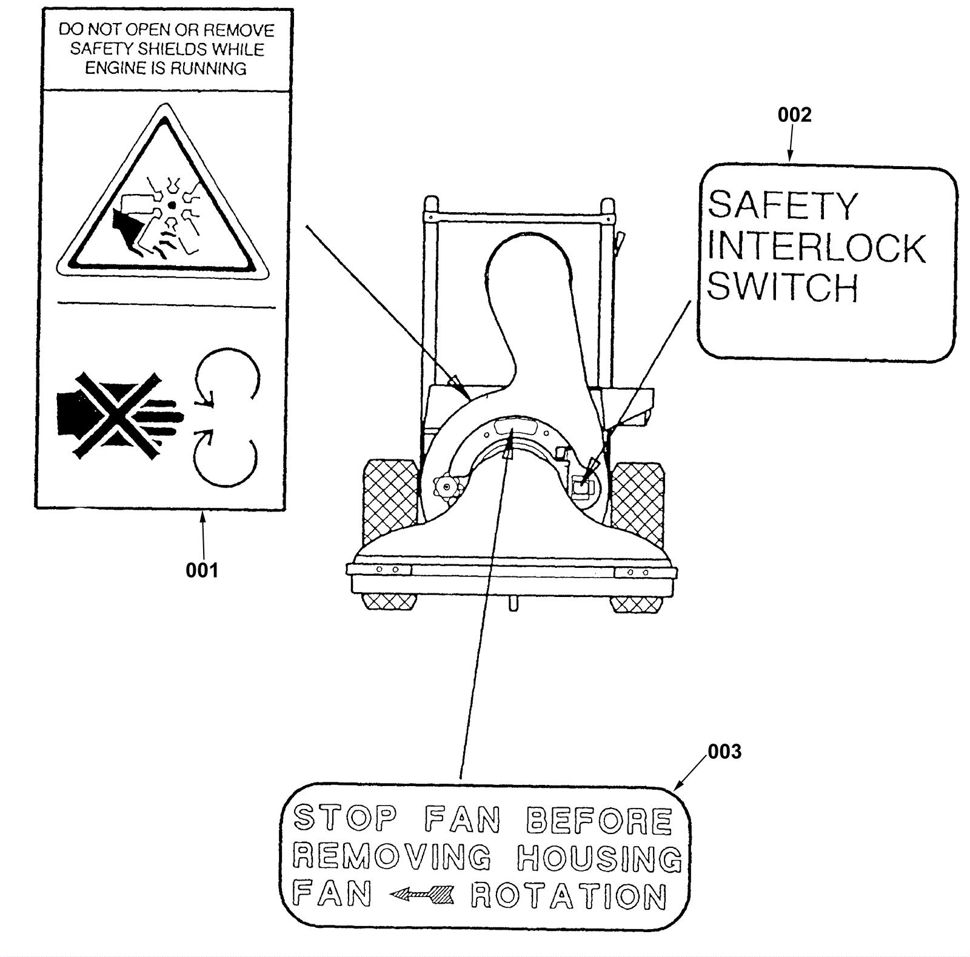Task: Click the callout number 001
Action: point(202,570)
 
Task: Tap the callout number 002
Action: point(794,115)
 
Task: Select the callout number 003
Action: point(724,752)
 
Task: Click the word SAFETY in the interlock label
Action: point(783,205)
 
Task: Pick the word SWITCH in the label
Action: point(783,287)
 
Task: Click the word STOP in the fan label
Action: point(345,818)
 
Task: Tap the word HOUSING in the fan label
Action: point(600,858)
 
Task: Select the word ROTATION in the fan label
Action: point(569,896)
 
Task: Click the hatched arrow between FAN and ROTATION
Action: point(422,894)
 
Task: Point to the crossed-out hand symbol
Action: point(120,416)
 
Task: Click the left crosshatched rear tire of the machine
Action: point(390,503)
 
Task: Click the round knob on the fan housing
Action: point(447,486)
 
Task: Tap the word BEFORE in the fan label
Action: point(599,821)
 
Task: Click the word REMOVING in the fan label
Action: point(392,856)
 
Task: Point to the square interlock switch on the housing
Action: point(581,484)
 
